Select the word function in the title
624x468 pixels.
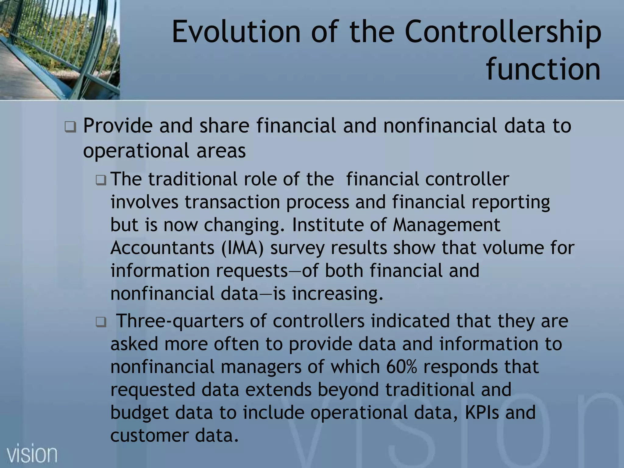(x=543, y=70)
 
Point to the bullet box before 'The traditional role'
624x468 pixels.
(x=101, y=181)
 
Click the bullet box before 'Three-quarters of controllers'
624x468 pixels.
(x=101, y=322)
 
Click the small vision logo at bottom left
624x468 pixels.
(x=32, y=454)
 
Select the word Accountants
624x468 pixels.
(x=162, y=248)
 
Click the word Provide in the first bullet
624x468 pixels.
(x=118, y=126)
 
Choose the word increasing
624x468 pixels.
(x=337, y=294)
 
